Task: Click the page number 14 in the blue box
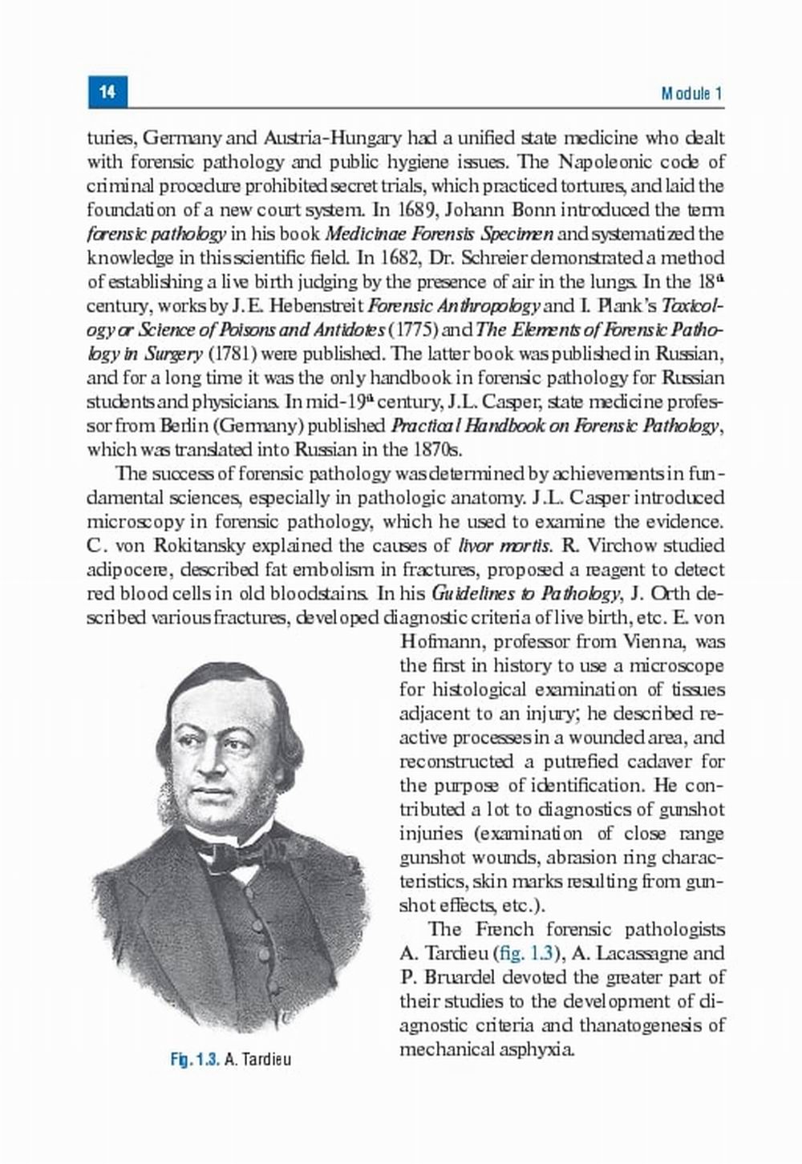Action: click(107, 91)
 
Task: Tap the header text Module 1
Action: click(692, 93)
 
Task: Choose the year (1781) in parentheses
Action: click(233, 354)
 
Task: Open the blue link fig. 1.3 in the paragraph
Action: click(525, 954)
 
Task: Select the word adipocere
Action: click(128, 570)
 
